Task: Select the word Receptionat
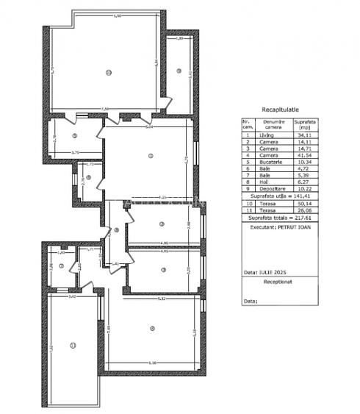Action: click(279, 281)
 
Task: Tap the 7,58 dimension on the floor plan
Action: click(105, 109)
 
